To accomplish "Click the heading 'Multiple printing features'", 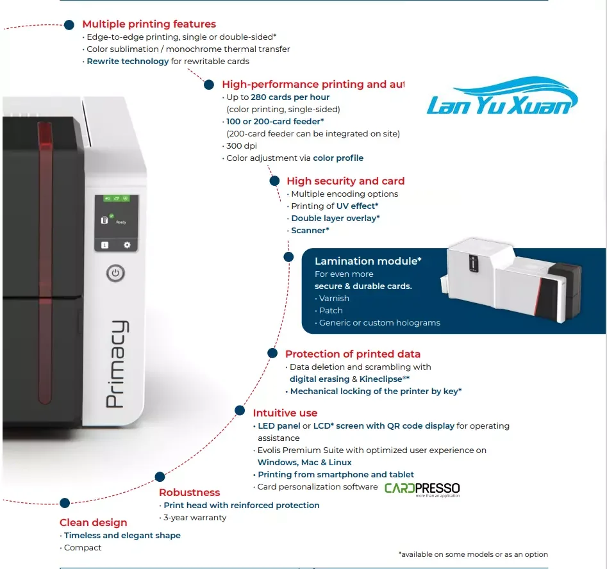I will (149, 24).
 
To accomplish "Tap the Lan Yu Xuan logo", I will (502, 99).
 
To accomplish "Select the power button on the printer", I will (115, 274).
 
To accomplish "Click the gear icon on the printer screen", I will (127, 245).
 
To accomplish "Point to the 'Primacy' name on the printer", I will (116, 364).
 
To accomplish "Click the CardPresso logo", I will (422, 489).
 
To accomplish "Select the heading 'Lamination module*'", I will (368, 261).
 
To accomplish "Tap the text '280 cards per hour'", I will (290, 97).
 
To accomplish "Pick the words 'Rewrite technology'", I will (128, 62).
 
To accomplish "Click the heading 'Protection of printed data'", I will (353, 354).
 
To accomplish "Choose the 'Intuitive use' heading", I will (285, 413).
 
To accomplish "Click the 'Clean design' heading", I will (94, 522).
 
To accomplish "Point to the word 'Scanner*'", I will (310, 230).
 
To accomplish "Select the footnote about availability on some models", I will (473, 554).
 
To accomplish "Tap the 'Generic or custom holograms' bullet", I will (379, 322).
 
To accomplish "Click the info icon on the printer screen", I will (104, 245).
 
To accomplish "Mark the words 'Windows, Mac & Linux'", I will (304, 462).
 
